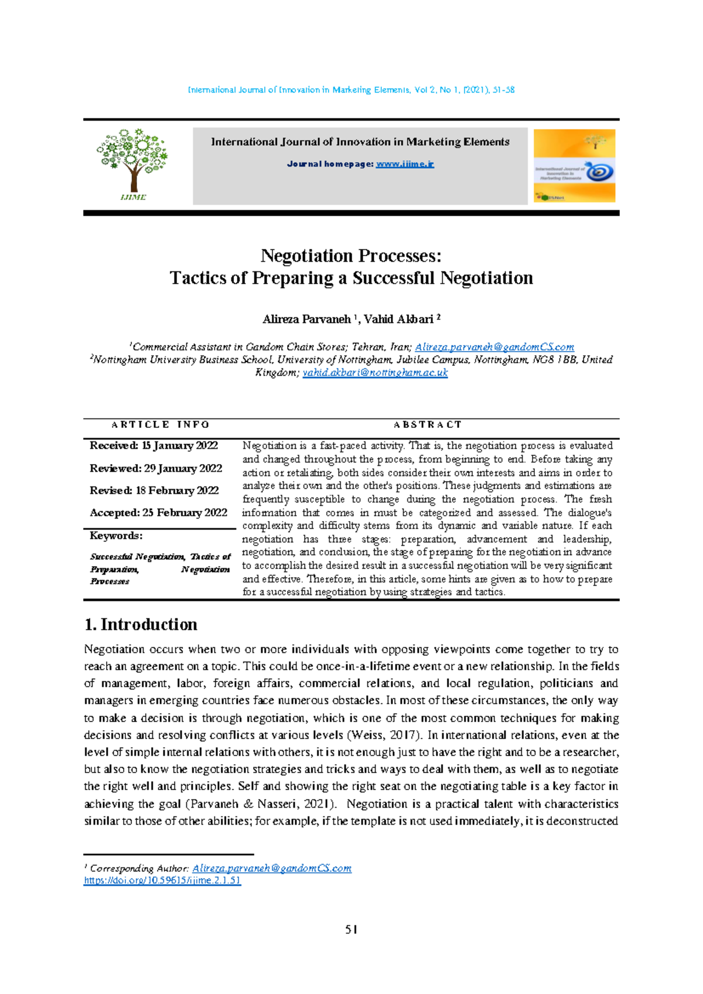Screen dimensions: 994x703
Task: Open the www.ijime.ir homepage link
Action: (x=405, y=164)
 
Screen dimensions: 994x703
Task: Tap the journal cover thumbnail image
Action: (x=574, y=166)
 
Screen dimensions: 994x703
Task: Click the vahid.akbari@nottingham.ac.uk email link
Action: (x=375, y=373)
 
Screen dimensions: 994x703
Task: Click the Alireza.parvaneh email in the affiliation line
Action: (x=494, y=347)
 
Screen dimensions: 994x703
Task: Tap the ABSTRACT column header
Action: (x=428, y=425)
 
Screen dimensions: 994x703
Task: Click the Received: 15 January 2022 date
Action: (x=153, y=446)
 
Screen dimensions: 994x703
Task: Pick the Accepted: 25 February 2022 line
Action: (x=158, y=513)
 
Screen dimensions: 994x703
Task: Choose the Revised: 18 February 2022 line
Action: (x=154, y=491)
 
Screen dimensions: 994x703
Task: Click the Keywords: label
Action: (x=116, y=536)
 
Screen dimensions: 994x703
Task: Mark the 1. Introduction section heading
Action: (x=141, y=625)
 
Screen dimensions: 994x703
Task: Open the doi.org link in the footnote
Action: (x=162, y=880)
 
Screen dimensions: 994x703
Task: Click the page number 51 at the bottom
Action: (x=351, y=930)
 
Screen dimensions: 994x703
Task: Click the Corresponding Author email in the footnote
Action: (x=272, y=869)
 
